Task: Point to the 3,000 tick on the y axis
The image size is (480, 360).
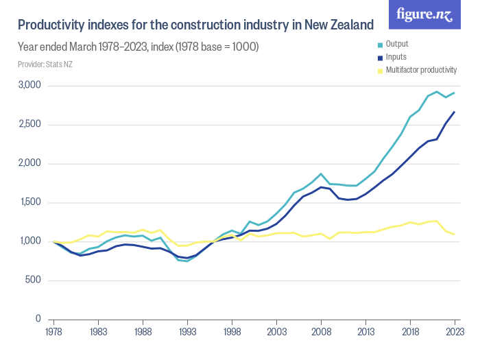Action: [x=30, y=86]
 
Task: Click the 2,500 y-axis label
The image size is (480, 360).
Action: [x=30, y=125]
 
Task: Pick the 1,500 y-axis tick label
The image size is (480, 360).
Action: [x=30, y=202]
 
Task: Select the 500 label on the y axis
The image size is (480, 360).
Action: [x=34, y=280]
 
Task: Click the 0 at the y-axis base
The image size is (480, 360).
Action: [x=38, y=320]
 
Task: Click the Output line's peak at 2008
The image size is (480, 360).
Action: [x=320, y=174]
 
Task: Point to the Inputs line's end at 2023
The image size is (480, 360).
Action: [x=454, y=112]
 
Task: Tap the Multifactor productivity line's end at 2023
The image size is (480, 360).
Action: [x=454, y=235]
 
